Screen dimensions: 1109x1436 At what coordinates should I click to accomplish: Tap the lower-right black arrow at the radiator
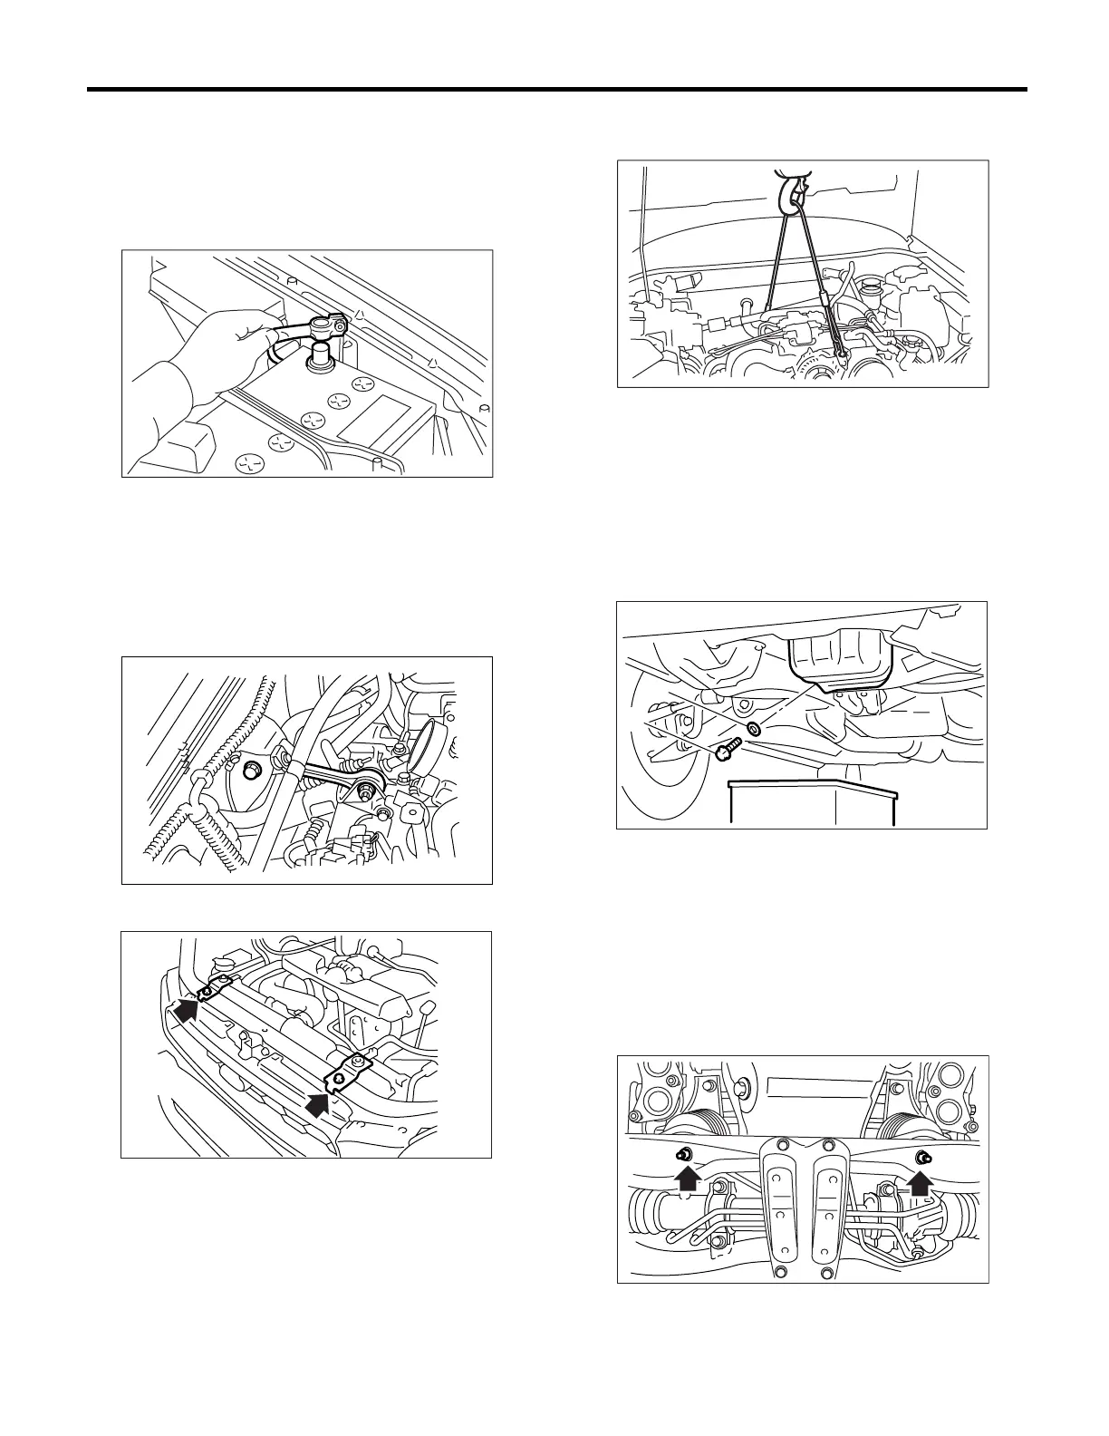coord(319,1104)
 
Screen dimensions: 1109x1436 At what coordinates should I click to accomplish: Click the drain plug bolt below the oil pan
coord(728,750)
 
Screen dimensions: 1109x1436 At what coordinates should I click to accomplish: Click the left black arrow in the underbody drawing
coord(688,1178)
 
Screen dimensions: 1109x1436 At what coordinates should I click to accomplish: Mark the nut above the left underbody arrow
coord(686,1154)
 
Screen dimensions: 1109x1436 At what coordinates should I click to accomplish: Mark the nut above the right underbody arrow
coord(923,1156)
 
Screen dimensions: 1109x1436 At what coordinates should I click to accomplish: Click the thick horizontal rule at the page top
coord(556,90)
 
